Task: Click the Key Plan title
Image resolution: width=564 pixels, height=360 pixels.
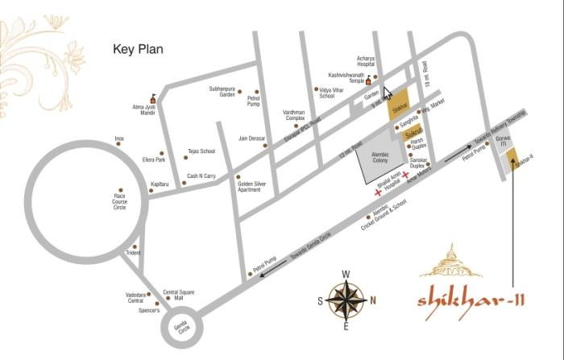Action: point(138,49)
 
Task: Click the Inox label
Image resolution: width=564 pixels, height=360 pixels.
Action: point(119,139)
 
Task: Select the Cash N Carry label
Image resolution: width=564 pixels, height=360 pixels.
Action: point(201,176)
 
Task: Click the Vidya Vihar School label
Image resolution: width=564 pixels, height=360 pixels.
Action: point(326,93)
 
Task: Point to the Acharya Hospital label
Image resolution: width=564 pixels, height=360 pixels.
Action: point(367,61)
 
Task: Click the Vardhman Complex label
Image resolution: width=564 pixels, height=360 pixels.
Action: point(294,115)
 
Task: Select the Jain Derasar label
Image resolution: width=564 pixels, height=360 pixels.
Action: point(251,139)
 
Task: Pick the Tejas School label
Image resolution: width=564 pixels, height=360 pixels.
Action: point(201,151)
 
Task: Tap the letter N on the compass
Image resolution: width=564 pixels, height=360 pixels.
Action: point(373,300)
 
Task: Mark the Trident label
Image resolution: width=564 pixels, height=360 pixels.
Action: point(134,253)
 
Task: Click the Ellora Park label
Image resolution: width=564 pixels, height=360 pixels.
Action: point(153,159)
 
